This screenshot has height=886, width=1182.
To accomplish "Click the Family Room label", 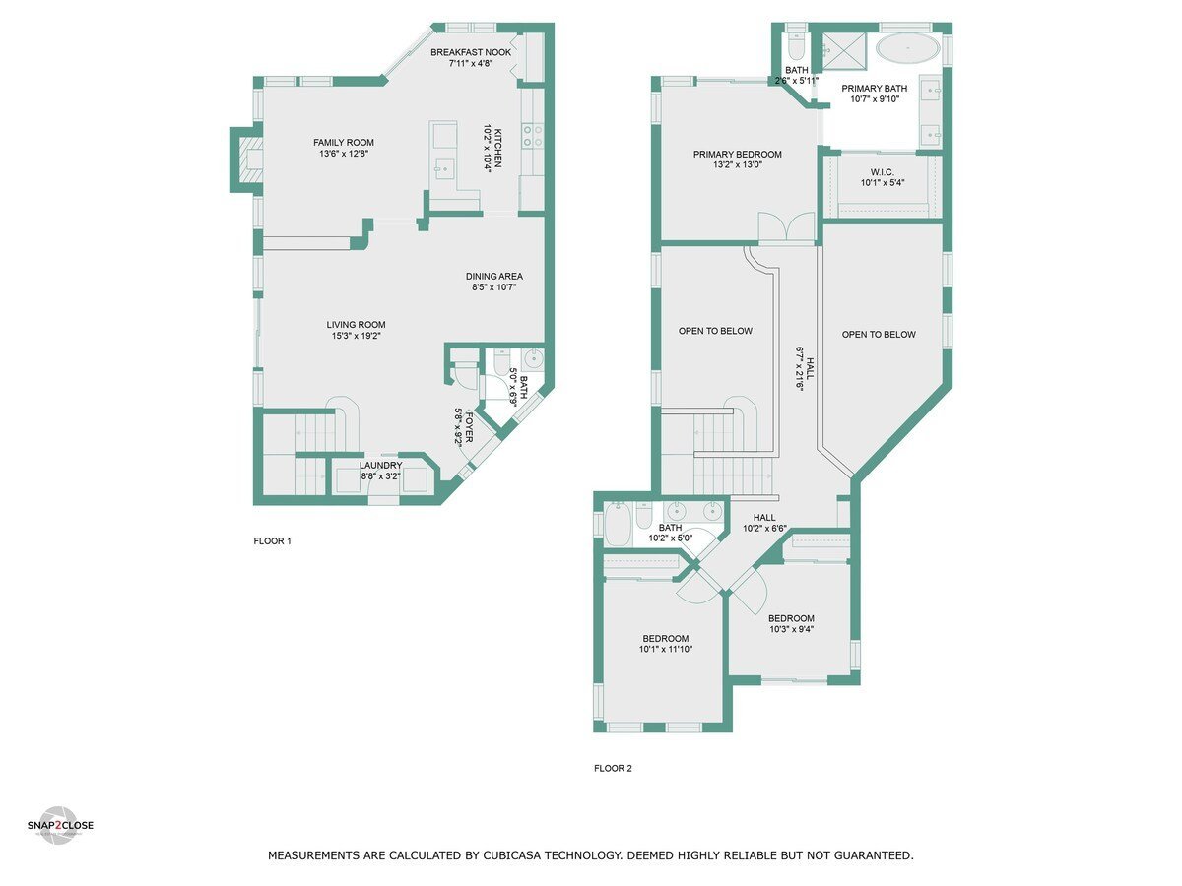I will [344, 143].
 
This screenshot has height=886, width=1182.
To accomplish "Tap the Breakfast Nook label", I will [471, 51].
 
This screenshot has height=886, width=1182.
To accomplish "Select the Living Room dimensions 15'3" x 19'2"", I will [356, 337].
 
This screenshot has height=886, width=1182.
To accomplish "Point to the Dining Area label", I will [493, 276].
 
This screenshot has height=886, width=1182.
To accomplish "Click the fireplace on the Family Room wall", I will [247, 159].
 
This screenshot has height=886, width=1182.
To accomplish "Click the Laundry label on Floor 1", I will [380, 466].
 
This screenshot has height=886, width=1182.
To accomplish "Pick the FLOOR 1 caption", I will [273, 541].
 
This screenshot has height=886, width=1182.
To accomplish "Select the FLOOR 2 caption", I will [613, 769].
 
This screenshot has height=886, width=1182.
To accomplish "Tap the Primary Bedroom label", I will [737, 155].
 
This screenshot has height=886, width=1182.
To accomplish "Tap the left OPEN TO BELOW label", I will [715, 331].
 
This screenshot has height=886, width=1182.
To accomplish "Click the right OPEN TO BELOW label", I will [879, 335].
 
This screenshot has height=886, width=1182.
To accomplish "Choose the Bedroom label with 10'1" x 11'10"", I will [664, 639].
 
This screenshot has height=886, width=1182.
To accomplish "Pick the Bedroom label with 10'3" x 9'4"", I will [791, 618].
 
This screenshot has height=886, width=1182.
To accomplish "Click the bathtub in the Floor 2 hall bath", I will [618, 523].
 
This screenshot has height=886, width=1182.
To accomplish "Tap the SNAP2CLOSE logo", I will [60, 825].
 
